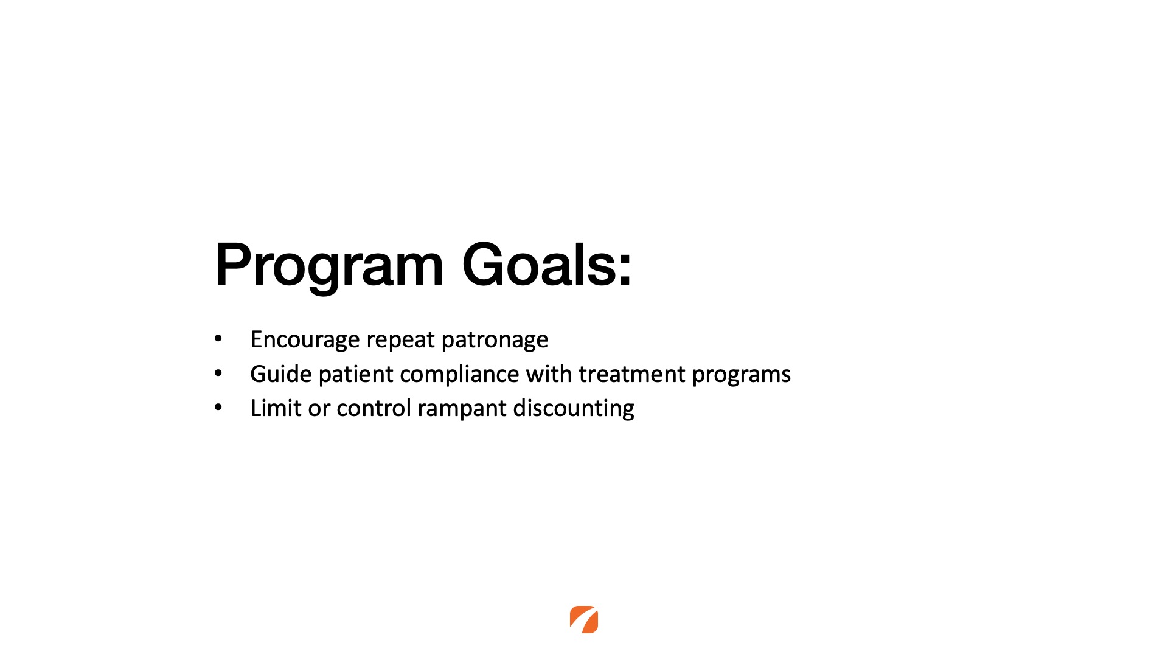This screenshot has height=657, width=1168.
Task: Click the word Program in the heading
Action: (x=329, y=265)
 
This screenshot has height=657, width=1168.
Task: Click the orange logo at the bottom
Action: (x=584, y=619)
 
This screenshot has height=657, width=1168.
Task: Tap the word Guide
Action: (x=281, y=374)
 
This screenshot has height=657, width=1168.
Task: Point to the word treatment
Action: (x=632, y=374)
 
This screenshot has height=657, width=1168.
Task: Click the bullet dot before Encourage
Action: (x=218, y=339)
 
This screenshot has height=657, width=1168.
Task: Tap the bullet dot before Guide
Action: (x=218, y=374)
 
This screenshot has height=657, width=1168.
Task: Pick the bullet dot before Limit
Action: (x=218, y=408)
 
